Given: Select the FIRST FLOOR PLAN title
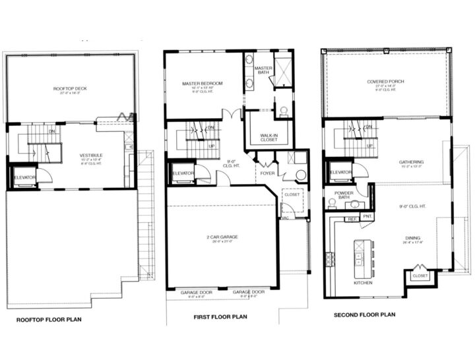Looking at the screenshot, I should tap(220, 317).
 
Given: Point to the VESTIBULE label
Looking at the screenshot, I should tap(90, 154).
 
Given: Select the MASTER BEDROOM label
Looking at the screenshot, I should tap(203, 84).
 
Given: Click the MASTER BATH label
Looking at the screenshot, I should tap(263, 70).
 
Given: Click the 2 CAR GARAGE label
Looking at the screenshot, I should tap(221, 236).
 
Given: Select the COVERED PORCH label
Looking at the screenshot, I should tap(385, 82).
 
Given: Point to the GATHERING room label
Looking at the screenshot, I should tap(410, 162).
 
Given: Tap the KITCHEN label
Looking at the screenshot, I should tap(362, 283).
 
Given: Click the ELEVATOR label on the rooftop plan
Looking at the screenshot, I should tap(25, 176).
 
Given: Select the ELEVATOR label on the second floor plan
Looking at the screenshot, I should tap(340, 172).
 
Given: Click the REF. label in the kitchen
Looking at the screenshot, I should tap(352, 218).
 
